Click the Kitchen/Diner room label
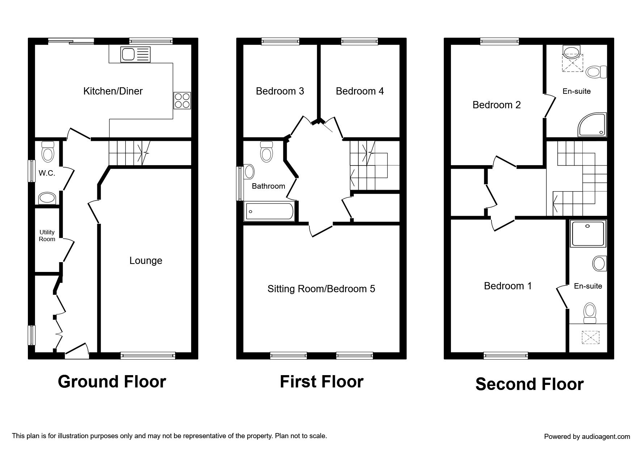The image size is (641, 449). click(x=113, y=91)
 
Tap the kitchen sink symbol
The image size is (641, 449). click(x=135, y=55)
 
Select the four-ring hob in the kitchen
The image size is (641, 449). click(x=182, y=101)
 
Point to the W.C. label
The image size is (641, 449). click(x=47, y=173)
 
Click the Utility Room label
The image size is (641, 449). click(x=47, y=235)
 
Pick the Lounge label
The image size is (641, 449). click(x=146, y=261)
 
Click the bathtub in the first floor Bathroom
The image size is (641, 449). click(x=270, y=211)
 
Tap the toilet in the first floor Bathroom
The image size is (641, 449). click(x=266, y=151)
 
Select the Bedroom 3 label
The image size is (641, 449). click(x=280, y=91)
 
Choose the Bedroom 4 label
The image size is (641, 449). click(x=360, y=91)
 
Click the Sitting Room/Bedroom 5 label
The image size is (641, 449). click(x=321, y=289)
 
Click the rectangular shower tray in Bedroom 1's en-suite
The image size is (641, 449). click(x=588, y=234)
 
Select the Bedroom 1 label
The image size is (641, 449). click(x=508, y=286)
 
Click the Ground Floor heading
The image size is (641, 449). click(x=112, y=382)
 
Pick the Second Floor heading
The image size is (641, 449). click(x=529, y=384)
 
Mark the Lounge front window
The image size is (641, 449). click(x=148, y=356)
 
